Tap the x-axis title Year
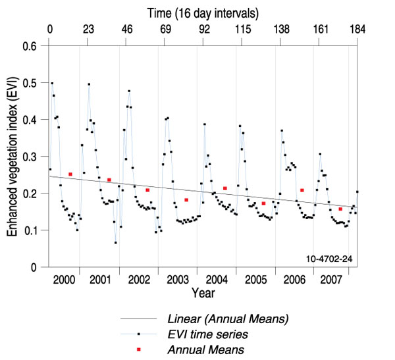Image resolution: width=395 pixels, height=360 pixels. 203,291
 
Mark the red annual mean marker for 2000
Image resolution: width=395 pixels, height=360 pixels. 70,174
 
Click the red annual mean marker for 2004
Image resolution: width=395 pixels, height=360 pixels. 225,188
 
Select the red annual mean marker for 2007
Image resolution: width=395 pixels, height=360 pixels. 340,209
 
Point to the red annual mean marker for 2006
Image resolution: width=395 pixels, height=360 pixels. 302,191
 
